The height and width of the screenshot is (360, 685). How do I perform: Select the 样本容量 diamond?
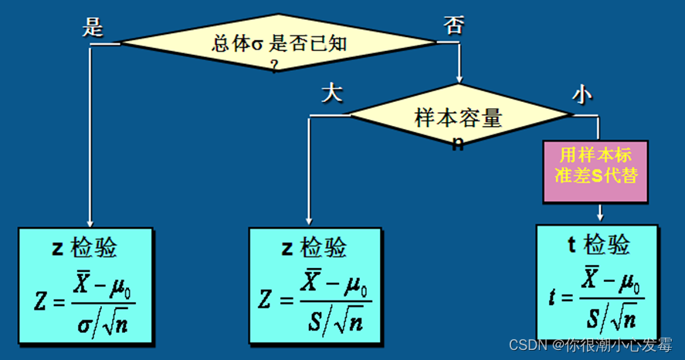pos(459,117)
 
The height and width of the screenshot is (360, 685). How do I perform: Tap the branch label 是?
pos(93,28)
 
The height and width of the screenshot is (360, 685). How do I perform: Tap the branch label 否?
pos(453,25)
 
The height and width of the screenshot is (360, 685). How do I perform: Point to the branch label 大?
pos(331,93)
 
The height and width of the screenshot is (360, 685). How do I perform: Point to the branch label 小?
pos(582,93)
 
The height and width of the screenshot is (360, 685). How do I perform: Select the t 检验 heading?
pos(599,245)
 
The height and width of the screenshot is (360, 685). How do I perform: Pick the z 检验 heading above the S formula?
pos(314,248)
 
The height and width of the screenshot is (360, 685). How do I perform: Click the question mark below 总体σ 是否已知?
pos(274,65)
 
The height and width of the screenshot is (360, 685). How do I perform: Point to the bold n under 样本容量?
pos(458,143)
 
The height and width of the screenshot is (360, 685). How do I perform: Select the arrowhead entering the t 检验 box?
pos(599,216)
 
